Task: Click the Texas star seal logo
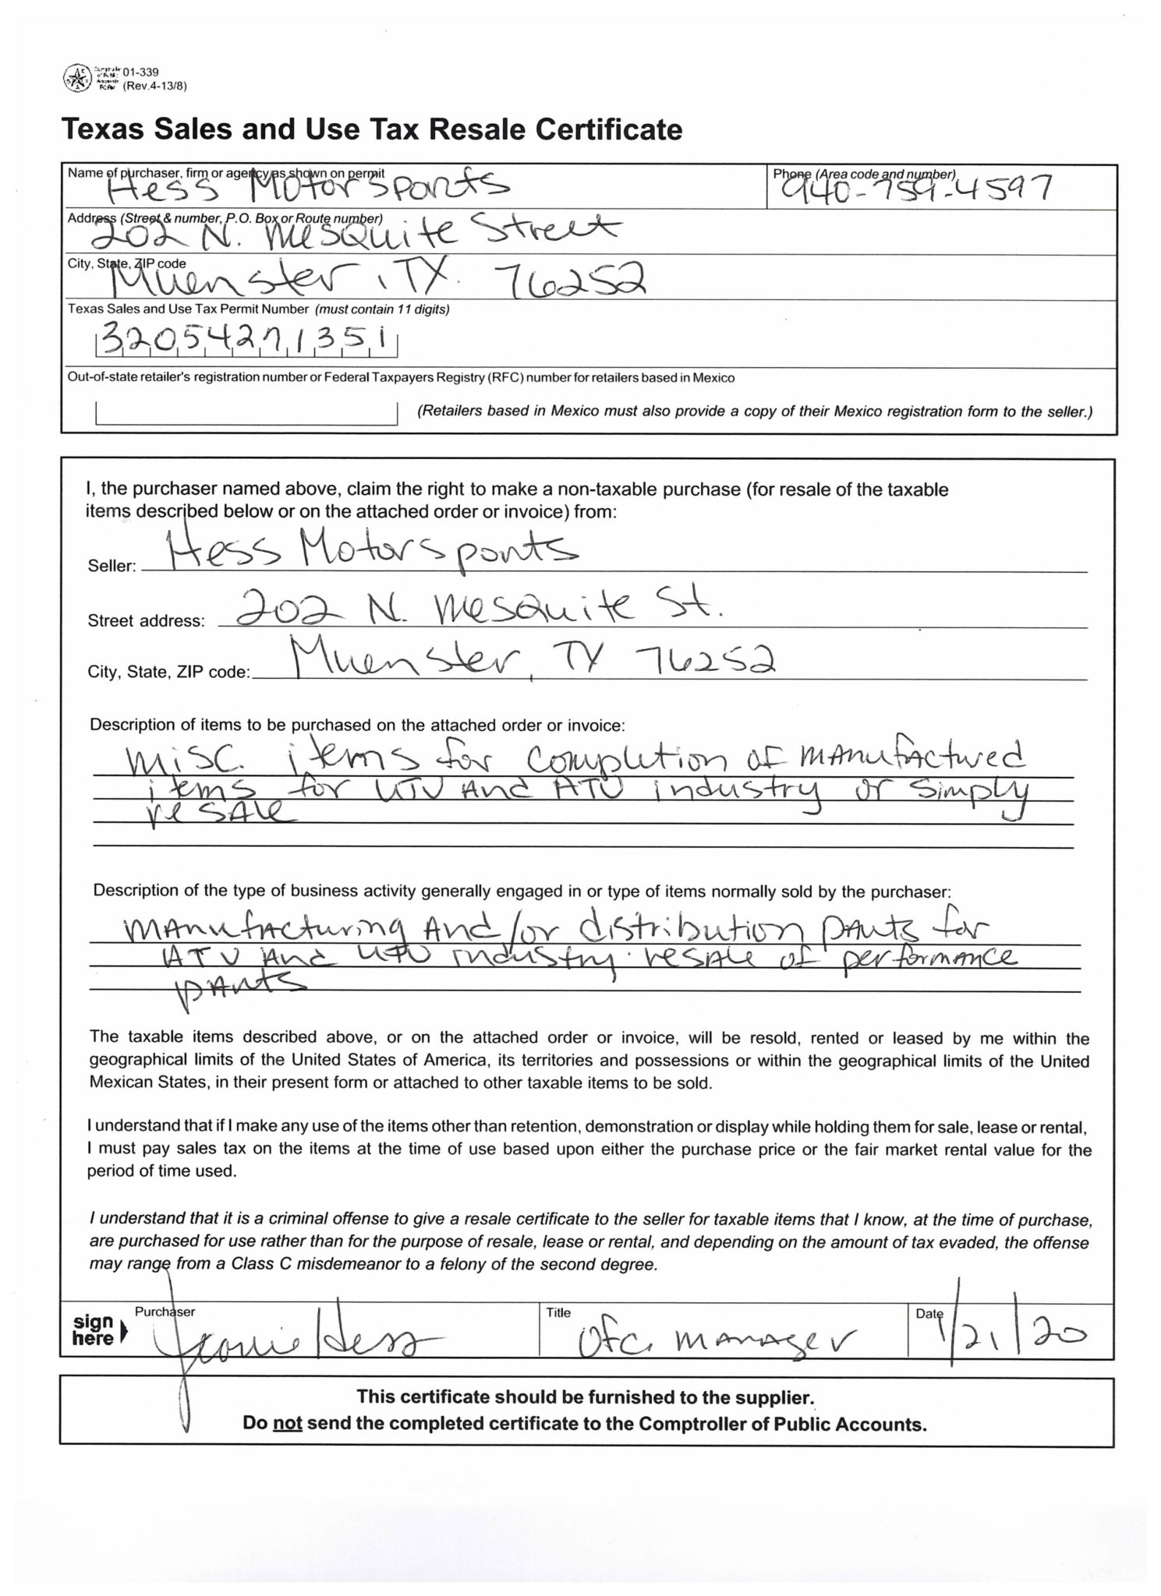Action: [76, 77]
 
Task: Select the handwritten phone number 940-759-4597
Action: [910, 188]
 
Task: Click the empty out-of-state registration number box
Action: [246, 413]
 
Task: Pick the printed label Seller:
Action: [111, 567]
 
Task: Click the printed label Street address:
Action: [146, 621]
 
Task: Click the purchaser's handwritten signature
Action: [296, 1342]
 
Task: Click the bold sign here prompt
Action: [93, 1330]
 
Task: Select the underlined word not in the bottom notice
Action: [286, 1424]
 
